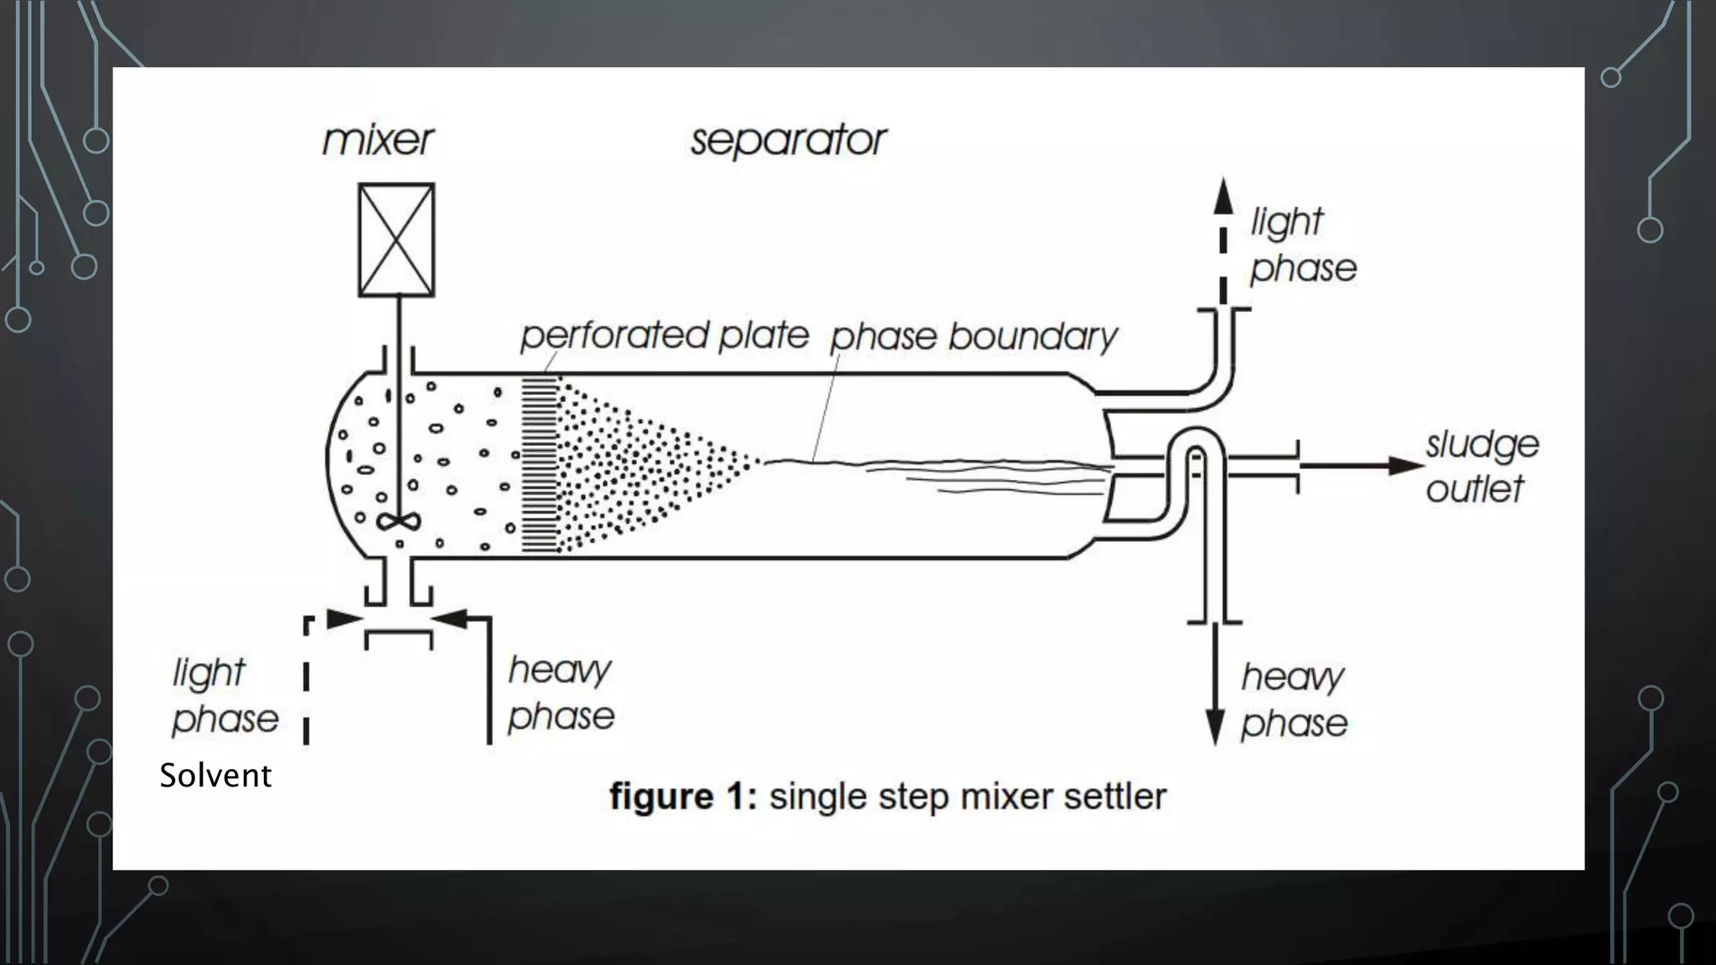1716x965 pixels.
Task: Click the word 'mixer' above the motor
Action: coord(378,140)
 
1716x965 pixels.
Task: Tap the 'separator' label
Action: coord(788,140)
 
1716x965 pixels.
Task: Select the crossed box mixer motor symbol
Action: coord(396,240)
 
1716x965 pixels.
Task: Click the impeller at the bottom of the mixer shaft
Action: coord(398,522)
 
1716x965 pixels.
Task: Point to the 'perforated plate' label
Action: coord(664,336)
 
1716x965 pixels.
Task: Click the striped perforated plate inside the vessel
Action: coord(540,464)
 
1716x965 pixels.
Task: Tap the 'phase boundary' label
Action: coord(974,338)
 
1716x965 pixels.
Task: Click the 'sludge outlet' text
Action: coord(1481,467)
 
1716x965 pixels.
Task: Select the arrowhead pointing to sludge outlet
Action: coord(1405,466)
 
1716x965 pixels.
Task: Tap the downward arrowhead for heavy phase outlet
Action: coord(1215,726)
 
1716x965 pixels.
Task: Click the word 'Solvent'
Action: coord(215,776)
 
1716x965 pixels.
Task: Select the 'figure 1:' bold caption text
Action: coord(683,796)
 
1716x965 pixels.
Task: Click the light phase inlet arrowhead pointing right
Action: coord(343,620)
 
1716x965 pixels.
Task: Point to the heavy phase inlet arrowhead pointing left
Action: coord(452,620)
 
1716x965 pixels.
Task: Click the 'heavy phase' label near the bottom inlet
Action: coord(561,694)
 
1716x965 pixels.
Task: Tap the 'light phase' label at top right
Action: coord(1302,245)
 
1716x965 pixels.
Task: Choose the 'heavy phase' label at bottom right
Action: coord(1294,700)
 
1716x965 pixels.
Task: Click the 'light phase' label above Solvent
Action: coord(225,696)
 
